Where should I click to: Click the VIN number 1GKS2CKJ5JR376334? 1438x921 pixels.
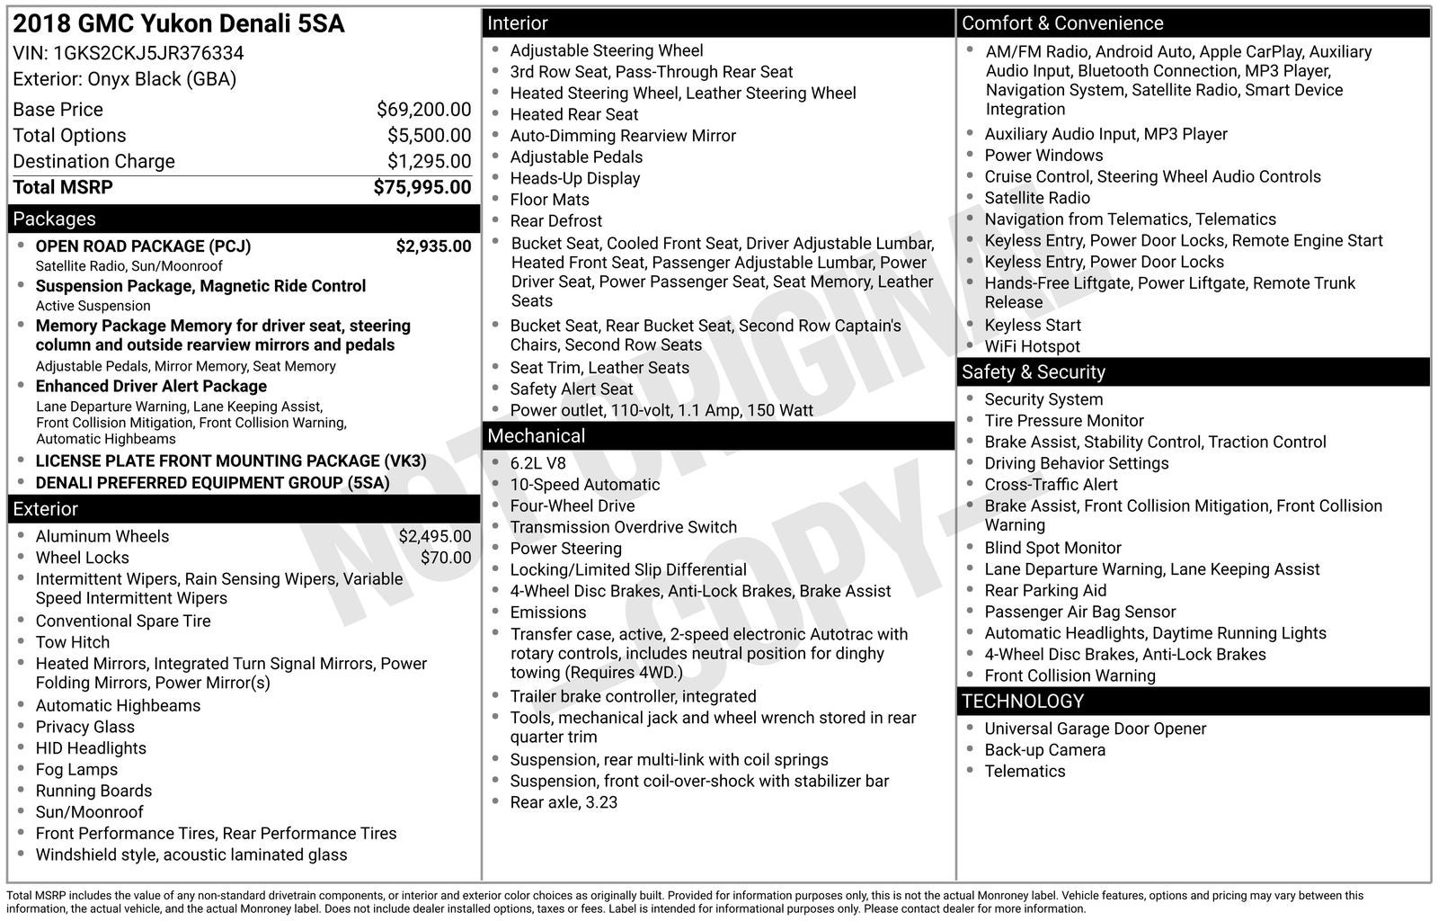(x=148, y=53)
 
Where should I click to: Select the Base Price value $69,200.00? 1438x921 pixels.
(x=423, y=110)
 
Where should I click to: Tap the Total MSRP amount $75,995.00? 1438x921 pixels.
(x=422, y=187)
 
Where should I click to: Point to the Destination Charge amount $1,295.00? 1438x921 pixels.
(x=429, y=161)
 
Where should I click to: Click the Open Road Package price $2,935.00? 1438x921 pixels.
(x=433, y=246)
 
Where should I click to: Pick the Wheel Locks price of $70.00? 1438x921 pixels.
(x=446, y=558)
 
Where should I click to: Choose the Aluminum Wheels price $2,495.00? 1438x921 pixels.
(x=435, y=536)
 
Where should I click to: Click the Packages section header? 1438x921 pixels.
(x=54, y=219)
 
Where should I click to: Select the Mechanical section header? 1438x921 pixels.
(x=537, y=436)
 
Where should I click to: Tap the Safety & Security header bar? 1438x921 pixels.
(x=1034, y=372)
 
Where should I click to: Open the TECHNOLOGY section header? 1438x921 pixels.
(x=1023, y=702)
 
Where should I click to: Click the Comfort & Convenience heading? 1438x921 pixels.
(x=1062, y=23)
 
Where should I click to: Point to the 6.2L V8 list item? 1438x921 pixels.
(x=538, y=463)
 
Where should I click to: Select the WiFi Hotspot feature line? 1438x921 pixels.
(x=1032, y=346)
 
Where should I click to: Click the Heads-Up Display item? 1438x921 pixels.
(x=575, y=178)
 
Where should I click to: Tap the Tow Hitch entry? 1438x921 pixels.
(x=73, y=642)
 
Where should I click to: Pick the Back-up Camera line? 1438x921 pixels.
(x=1044, y=750)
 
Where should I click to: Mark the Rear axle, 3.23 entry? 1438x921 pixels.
(x=564, y=802)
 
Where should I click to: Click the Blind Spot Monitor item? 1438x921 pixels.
(x=1052, y=548)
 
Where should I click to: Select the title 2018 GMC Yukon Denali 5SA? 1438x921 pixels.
(x=179, y=24)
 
